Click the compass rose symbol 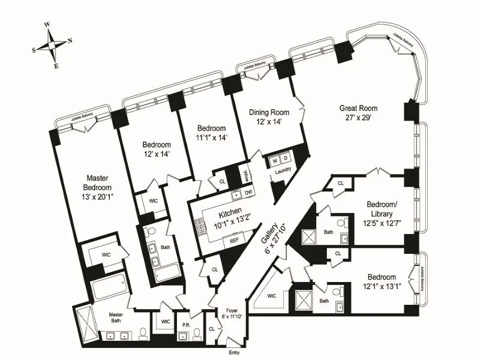point(52,45)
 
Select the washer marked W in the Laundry point(275,161)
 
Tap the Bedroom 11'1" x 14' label point(211,133)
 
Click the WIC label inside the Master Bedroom point(106,255)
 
